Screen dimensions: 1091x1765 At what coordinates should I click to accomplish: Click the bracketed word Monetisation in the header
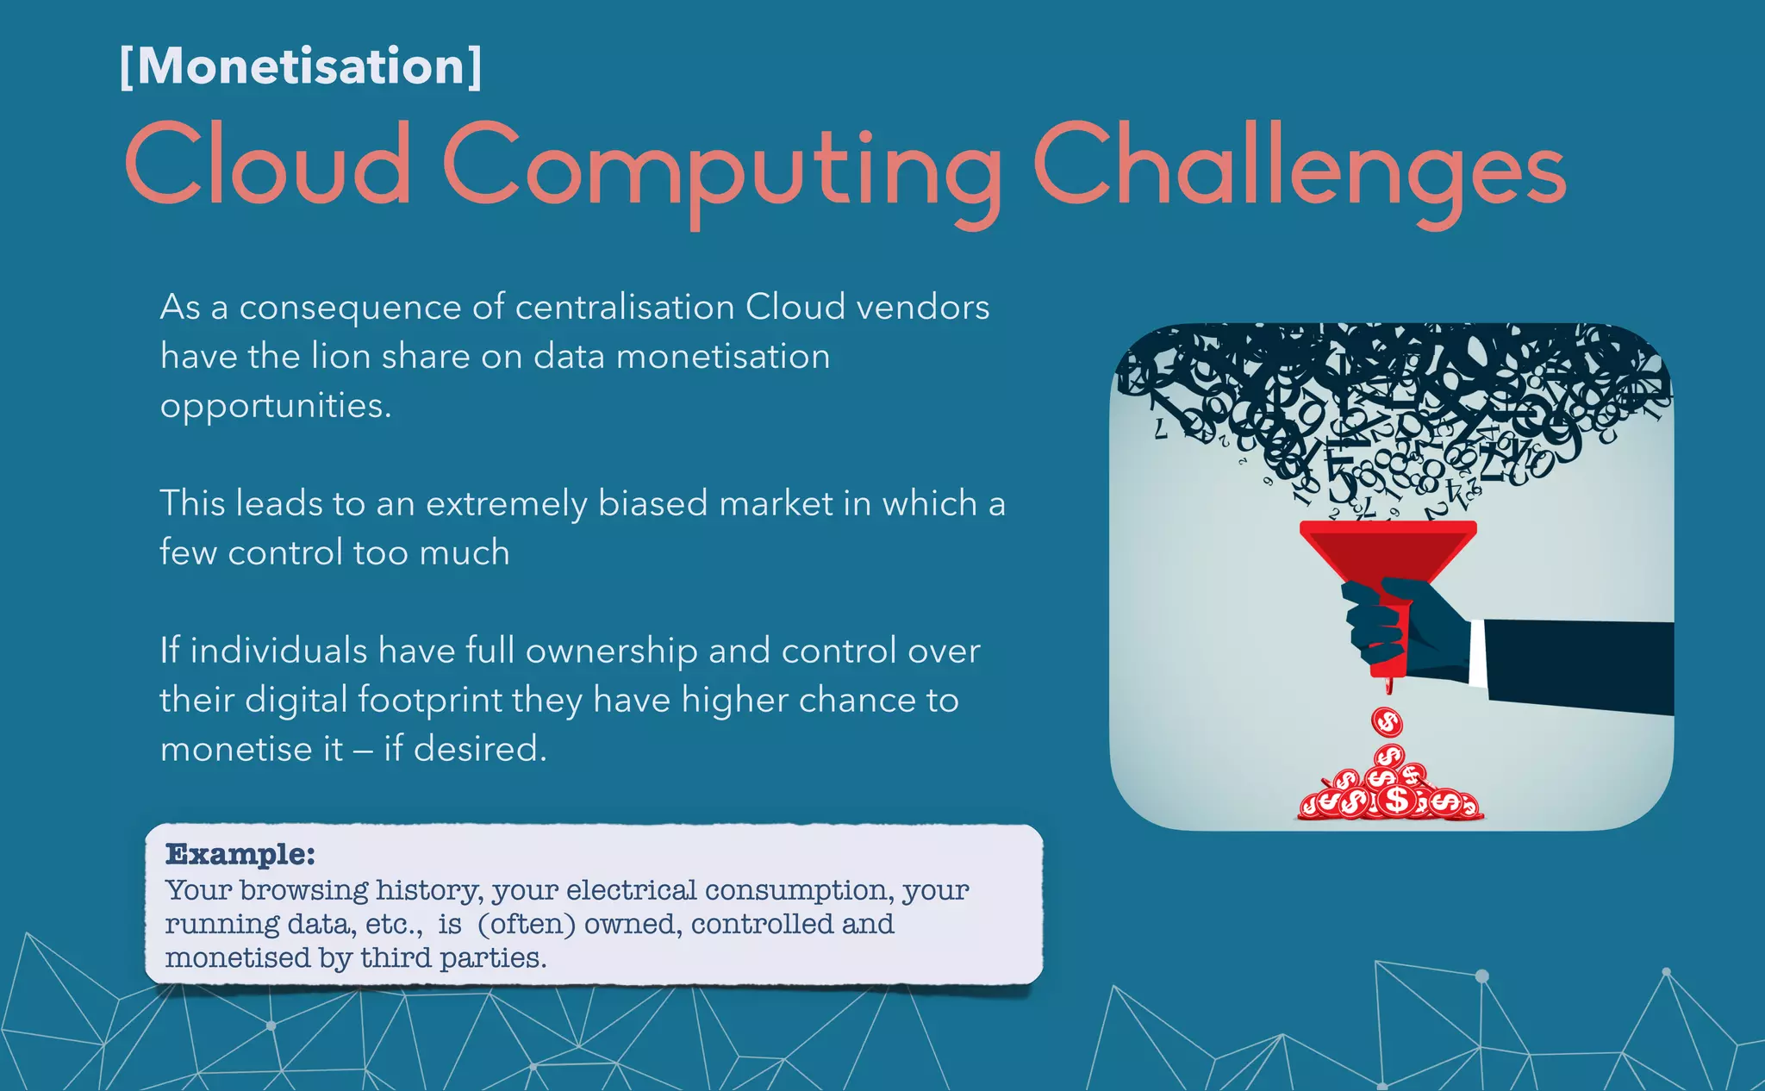[301, 66]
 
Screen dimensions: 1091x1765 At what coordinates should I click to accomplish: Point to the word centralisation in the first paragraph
[624, 308]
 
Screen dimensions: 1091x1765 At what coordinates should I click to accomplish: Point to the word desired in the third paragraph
[479, 749]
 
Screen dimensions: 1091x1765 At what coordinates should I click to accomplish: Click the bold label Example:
[240, 854]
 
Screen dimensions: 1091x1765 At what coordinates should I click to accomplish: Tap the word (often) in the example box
[526, 924]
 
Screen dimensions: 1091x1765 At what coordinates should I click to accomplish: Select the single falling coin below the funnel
[1387, 720]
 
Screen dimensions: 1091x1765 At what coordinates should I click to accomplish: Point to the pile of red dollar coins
[1388, 793]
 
